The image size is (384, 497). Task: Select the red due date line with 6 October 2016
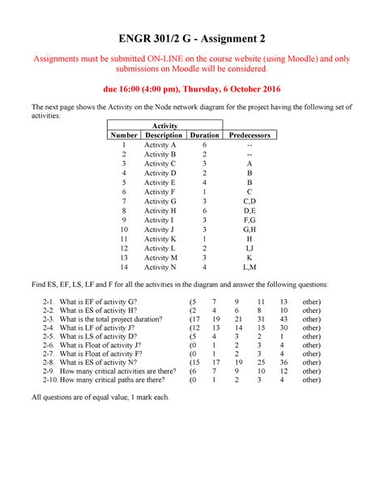[x=191, y=88]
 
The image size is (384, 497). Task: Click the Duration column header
[x=204, y=135]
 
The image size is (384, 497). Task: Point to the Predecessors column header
[x=250, y=135]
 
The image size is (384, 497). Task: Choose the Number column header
[x=124, y=135]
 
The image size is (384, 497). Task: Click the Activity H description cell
[x=160, y=210]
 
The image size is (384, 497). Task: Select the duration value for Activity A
[x=204, y=144]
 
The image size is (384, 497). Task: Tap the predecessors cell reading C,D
[x=250, y=200]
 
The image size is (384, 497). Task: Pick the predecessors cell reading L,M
[x=250, y=267]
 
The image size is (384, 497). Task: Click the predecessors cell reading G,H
[x=250, y=229]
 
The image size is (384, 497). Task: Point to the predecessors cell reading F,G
[x=250, y=220]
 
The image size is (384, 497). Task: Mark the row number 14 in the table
[x=124, y=267]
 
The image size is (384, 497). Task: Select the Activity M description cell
[x=160, y=257]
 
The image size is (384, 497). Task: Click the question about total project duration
[x=108, y=320]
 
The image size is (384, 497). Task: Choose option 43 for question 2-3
[x=284, y=320]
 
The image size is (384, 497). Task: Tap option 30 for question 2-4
[x=284, y=330]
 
